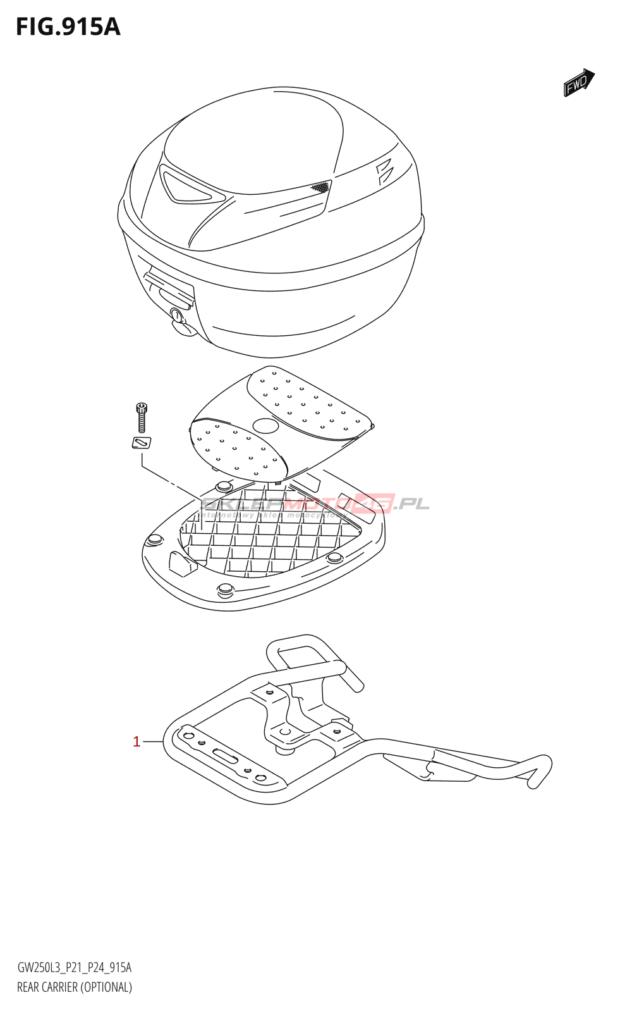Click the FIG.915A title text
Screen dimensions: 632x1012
68,27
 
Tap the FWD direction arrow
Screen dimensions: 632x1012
579,83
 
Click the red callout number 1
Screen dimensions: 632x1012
137,741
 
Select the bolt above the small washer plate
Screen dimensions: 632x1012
142,417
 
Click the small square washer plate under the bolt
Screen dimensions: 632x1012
142,443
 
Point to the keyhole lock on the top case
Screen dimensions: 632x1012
176,314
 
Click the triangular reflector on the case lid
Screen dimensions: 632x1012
186,187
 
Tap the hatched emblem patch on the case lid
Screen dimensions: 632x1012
320,187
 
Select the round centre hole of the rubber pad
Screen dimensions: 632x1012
265,425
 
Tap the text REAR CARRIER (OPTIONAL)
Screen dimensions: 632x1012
75,987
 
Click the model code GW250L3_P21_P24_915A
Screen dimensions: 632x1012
75,968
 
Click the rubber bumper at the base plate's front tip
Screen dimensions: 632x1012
225,591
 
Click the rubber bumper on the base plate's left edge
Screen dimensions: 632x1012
154,540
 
